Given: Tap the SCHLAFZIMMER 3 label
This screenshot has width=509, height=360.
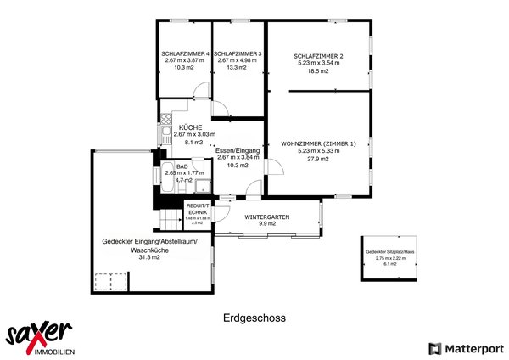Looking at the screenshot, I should tap(238, 53).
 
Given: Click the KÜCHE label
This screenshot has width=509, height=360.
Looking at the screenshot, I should tap(190, 127).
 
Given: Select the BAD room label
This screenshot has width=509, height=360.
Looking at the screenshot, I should tap(181, 166).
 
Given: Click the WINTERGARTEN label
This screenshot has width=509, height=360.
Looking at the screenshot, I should tap(267, 217).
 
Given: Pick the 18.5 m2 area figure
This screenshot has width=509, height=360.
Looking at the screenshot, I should tap(318, 71).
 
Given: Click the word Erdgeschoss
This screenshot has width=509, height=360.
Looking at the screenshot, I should tap(255, 318).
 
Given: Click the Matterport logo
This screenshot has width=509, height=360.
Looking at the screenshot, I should tap(466, 347).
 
